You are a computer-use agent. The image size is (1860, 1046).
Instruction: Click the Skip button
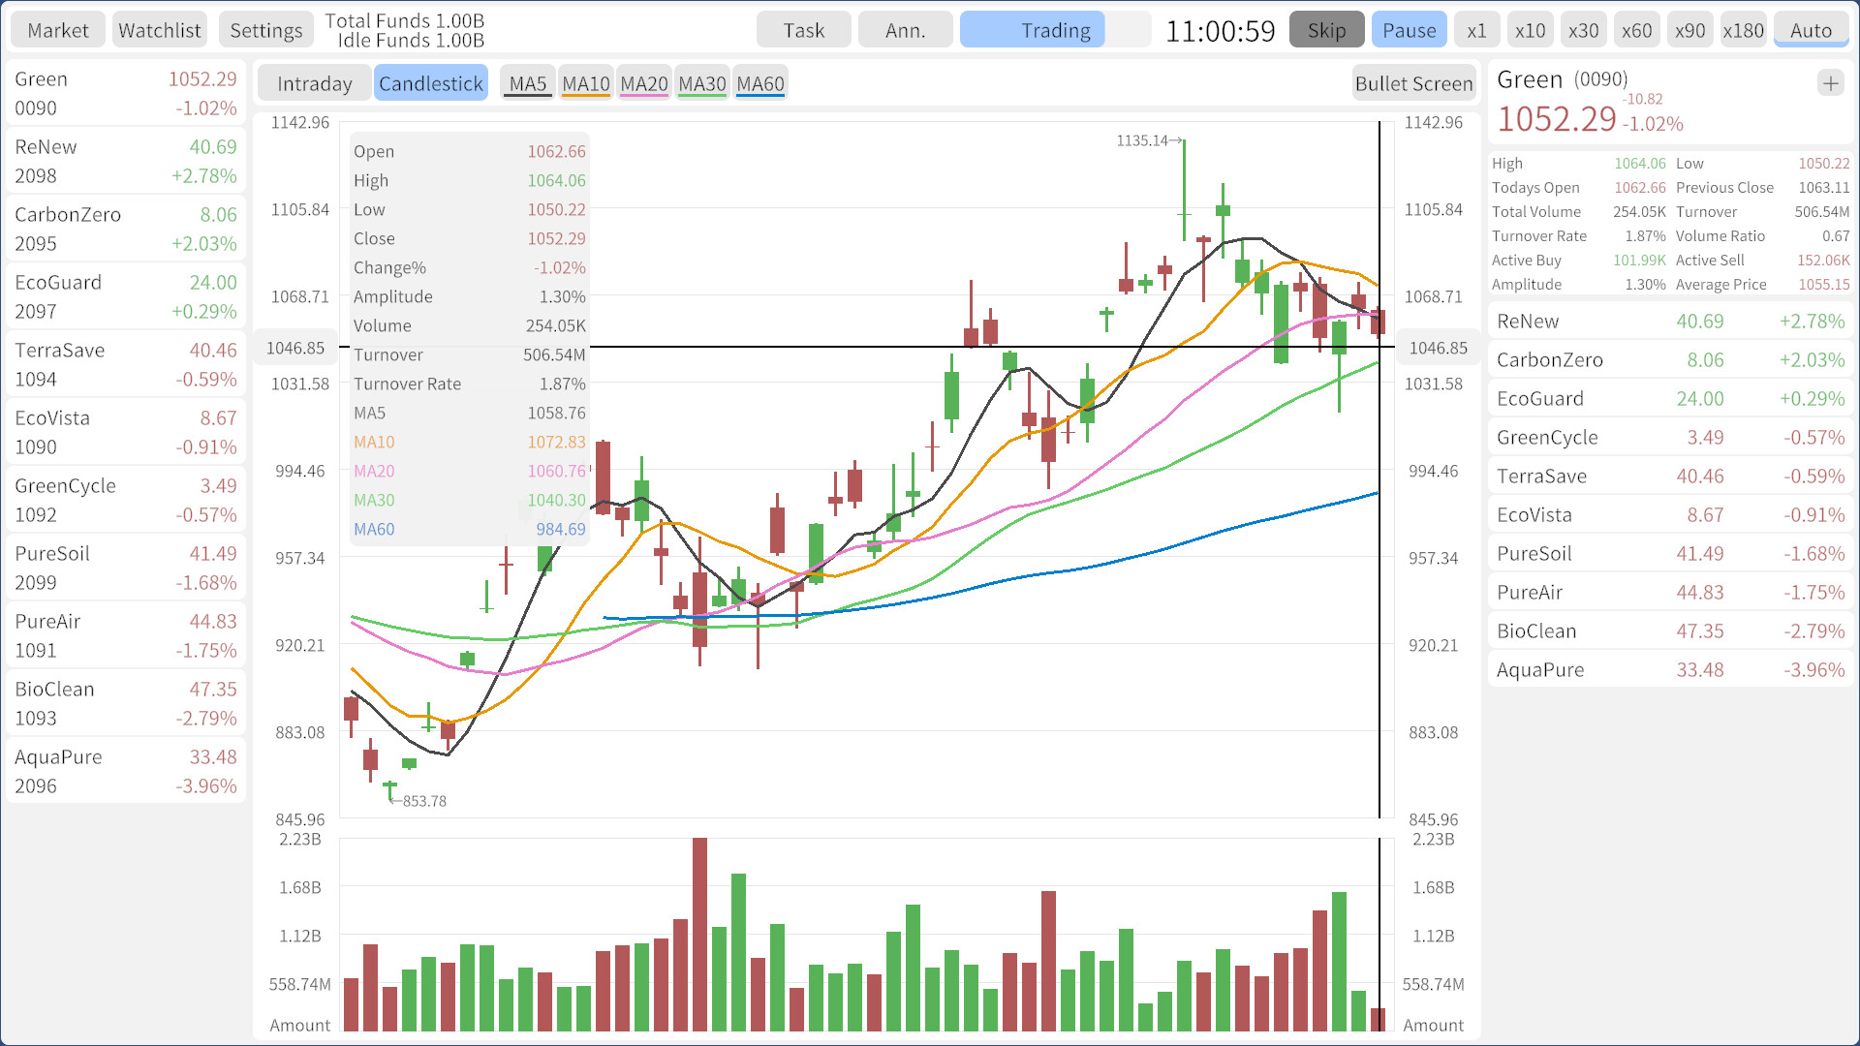[x=1326, y=30]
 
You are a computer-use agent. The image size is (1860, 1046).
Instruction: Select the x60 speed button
[x=1636, y=30]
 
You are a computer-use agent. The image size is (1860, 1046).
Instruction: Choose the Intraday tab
[x=314, y=83]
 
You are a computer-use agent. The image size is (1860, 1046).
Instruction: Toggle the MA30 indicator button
[x=701, y=83]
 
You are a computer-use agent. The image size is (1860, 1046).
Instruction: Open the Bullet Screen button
[x=1413, y=83]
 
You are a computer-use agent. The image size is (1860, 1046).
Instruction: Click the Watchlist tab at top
[x=160, y=30]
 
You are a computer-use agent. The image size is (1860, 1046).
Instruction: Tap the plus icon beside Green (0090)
[x=1830, y=83]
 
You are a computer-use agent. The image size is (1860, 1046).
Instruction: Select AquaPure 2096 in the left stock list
[x=126, y=771]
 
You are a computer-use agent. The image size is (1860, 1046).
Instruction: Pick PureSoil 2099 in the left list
[x=126, y=568]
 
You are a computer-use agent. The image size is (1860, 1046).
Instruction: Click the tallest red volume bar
[x=699, y=933]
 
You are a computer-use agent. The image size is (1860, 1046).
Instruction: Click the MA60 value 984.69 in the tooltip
[x=560, y=529]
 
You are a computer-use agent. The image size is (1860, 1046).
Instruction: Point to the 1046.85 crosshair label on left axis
[x=295, y=348]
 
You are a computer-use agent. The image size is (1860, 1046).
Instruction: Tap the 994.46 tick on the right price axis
[x=1433, y=471]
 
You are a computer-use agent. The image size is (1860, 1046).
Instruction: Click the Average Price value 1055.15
[x=1823, y=285]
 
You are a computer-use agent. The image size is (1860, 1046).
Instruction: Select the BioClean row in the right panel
[x=1670, y=631]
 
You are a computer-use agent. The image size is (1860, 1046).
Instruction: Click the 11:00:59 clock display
[x=1220, y=31]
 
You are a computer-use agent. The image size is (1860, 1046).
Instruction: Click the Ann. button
[x=905, y=30]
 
